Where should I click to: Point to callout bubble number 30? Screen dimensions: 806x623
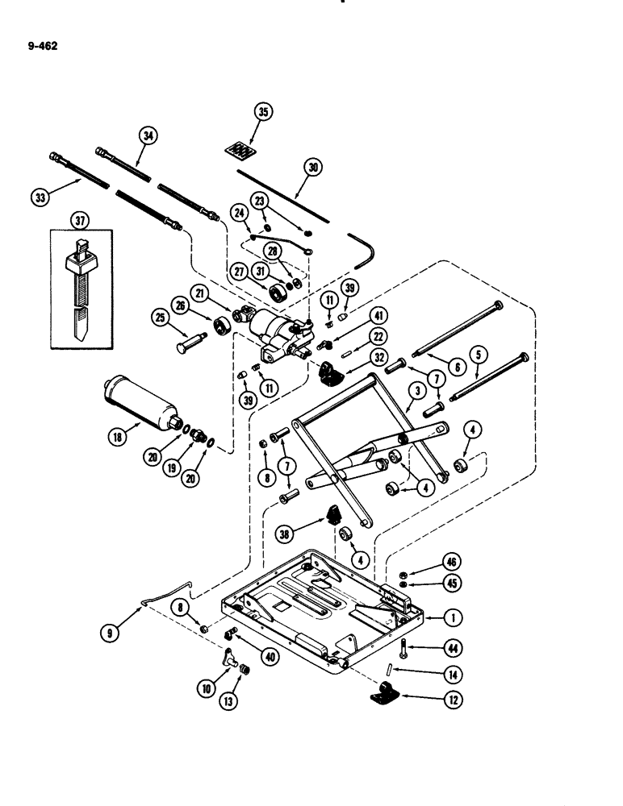point(313,168)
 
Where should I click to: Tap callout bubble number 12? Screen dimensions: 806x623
point(453,700)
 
